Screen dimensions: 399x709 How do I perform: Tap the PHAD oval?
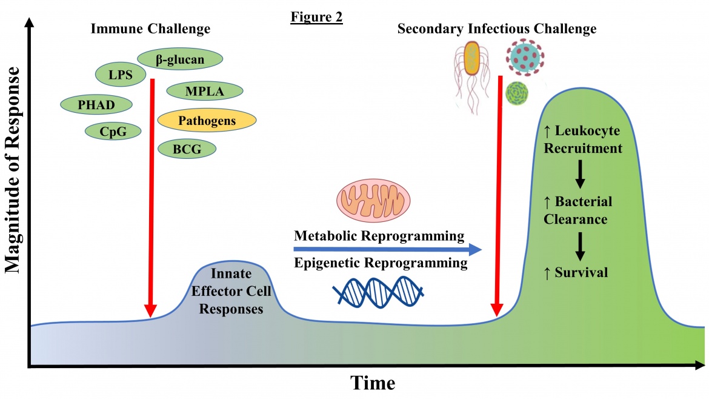96,103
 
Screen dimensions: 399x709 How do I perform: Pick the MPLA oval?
205,92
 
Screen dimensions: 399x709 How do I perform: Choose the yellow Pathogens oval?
205,121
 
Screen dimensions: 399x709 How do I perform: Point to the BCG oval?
187,149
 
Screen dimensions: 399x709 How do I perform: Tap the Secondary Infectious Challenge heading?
497,29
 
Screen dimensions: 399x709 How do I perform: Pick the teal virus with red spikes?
524,55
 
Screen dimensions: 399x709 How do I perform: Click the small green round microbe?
517,93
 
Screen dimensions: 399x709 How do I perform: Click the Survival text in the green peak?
575,273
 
